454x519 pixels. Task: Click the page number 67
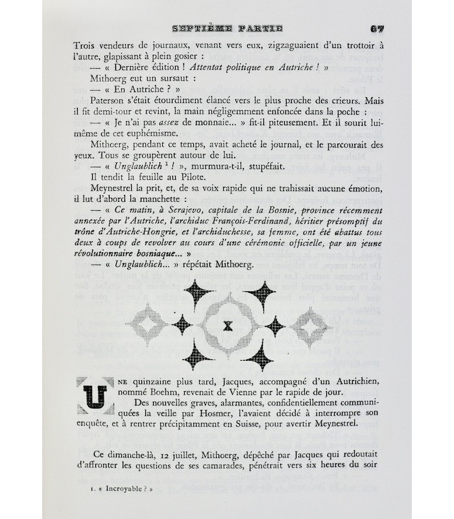point(378,29)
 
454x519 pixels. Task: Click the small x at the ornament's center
point(227,326)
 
